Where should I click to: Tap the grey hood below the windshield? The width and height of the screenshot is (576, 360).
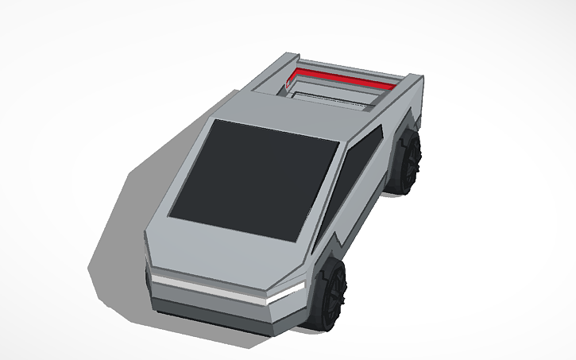tap(230, 253)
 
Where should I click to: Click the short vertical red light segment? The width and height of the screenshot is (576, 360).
tap(288, 79)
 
